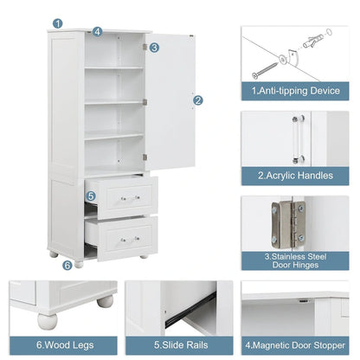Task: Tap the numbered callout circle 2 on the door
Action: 198,100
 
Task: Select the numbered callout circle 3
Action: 154,48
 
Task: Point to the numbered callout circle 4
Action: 98,31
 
